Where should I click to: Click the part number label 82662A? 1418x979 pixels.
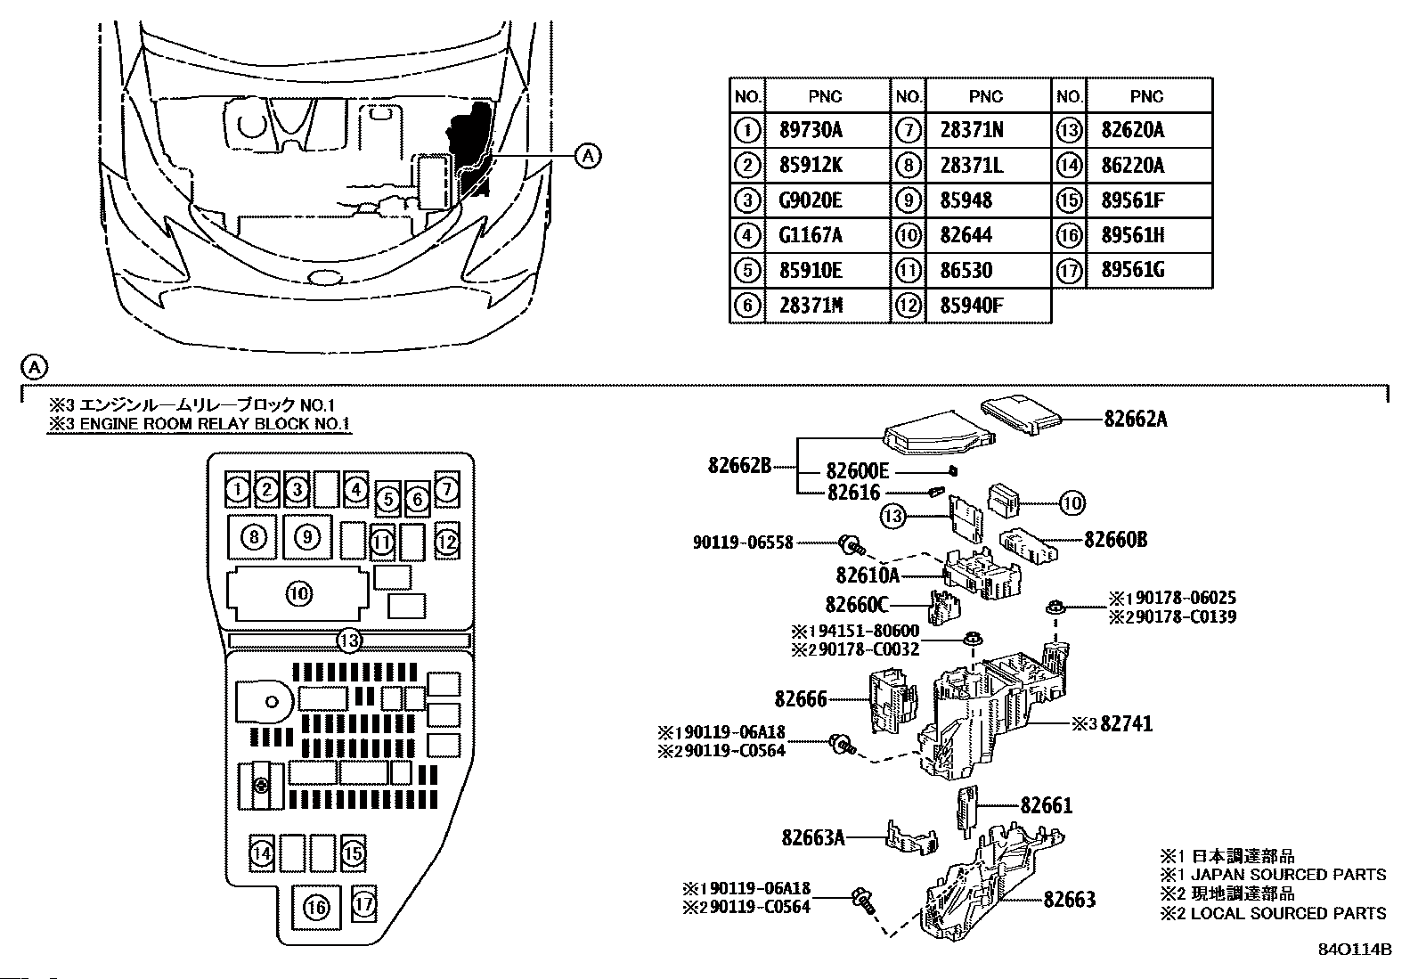(x=1136, y=419)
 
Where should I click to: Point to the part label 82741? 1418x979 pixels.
(x=1126, y=723)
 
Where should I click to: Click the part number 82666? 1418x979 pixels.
(x=801, y=699)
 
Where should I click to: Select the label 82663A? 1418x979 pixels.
(x=813, y=837)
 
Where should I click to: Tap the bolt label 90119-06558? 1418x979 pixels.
(x=743, y=543)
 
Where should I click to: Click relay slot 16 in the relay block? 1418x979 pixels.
(x=316, y=908)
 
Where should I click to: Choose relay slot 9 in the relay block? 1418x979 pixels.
(x=307, y=537)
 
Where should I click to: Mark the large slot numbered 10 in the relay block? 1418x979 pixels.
(x=298, y=594)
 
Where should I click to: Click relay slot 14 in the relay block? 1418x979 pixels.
(x=262, y=853)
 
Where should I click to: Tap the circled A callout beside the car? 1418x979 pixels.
(x=588, y=155)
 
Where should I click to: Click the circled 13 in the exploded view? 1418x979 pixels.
(x=892, y=516)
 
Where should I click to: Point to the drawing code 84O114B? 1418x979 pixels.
(x=1355, y=950)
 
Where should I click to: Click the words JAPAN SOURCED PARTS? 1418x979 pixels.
(x=1288, y=875)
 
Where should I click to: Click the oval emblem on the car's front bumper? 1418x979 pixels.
(x=323, y=277)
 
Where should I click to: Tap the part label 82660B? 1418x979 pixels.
(x=1115, y=540)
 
